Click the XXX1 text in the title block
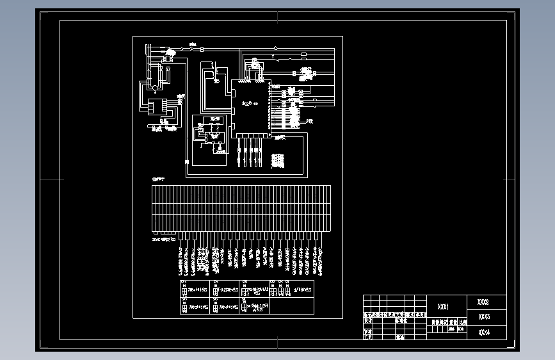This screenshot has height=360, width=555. (x=443, y=307)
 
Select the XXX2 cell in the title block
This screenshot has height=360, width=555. (x=483, y=301)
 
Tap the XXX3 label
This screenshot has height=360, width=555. (x=483, y=316)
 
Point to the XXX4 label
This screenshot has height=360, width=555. (x=483, y=332)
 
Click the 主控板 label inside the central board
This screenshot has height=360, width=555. (x=249, y=103)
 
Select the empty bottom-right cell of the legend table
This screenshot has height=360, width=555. (x=293, y=306)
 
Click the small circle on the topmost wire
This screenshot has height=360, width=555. (x=275, y=47)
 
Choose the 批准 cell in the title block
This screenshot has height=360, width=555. (x=400, y=337)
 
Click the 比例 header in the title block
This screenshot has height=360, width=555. (x=463, y=323)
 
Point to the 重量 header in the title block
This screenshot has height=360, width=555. (x=453, y=323)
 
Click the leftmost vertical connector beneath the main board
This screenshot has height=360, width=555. (x=238, y=154)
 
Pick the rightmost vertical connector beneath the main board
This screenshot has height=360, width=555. (x=259, y=154)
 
